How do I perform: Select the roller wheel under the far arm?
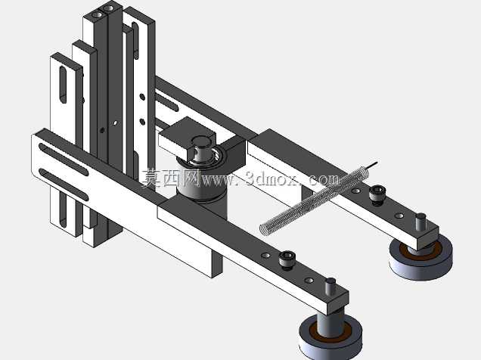[420, 259]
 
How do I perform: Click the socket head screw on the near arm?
[287, 259]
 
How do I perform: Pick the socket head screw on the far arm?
[376, 194]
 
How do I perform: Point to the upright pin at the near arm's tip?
[330, 285]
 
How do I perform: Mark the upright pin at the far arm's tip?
[420, 221]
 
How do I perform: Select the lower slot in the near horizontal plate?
[64, 185]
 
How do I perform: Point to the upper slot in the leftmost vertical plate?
[63, 84]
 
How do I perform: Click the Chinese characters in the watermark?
[171, 178]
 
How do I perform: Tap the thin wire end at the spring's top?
[372, 165]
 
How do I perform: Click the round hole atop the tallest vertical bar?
[98, 14]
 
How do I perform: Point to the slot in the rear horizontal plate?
[166, 102]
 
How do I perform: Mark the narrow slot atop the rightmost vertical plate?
[135, 41]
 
